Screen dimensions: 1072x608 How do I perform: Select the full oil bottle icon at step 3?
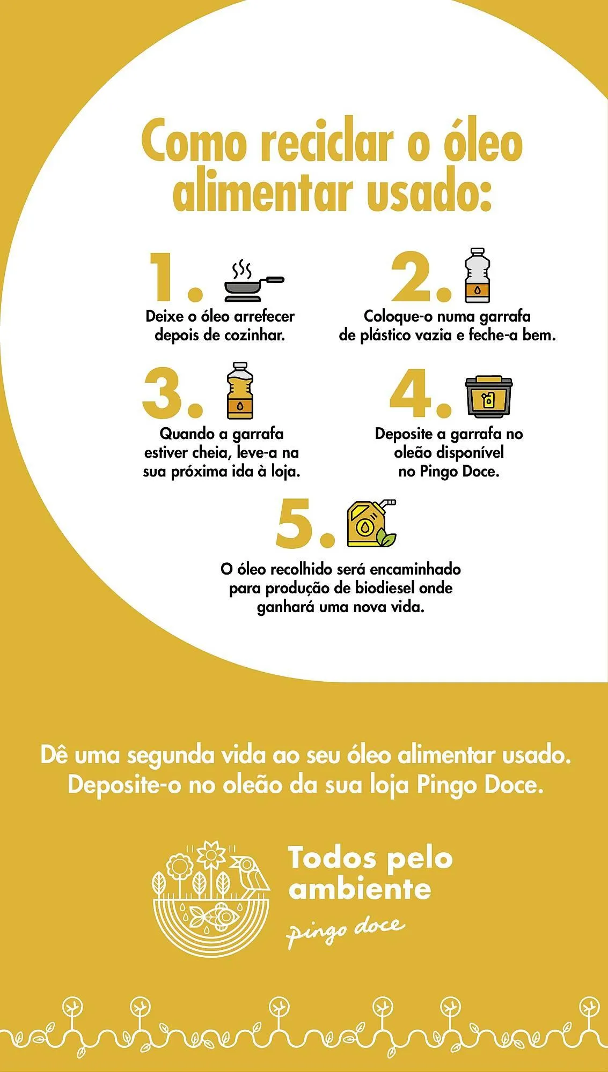[240, 391]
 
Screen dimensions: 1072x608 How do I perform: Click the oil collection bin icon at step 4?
[488, 397]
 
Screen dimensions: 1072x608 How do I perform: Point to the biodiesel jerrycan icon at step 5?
[371, 524]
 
